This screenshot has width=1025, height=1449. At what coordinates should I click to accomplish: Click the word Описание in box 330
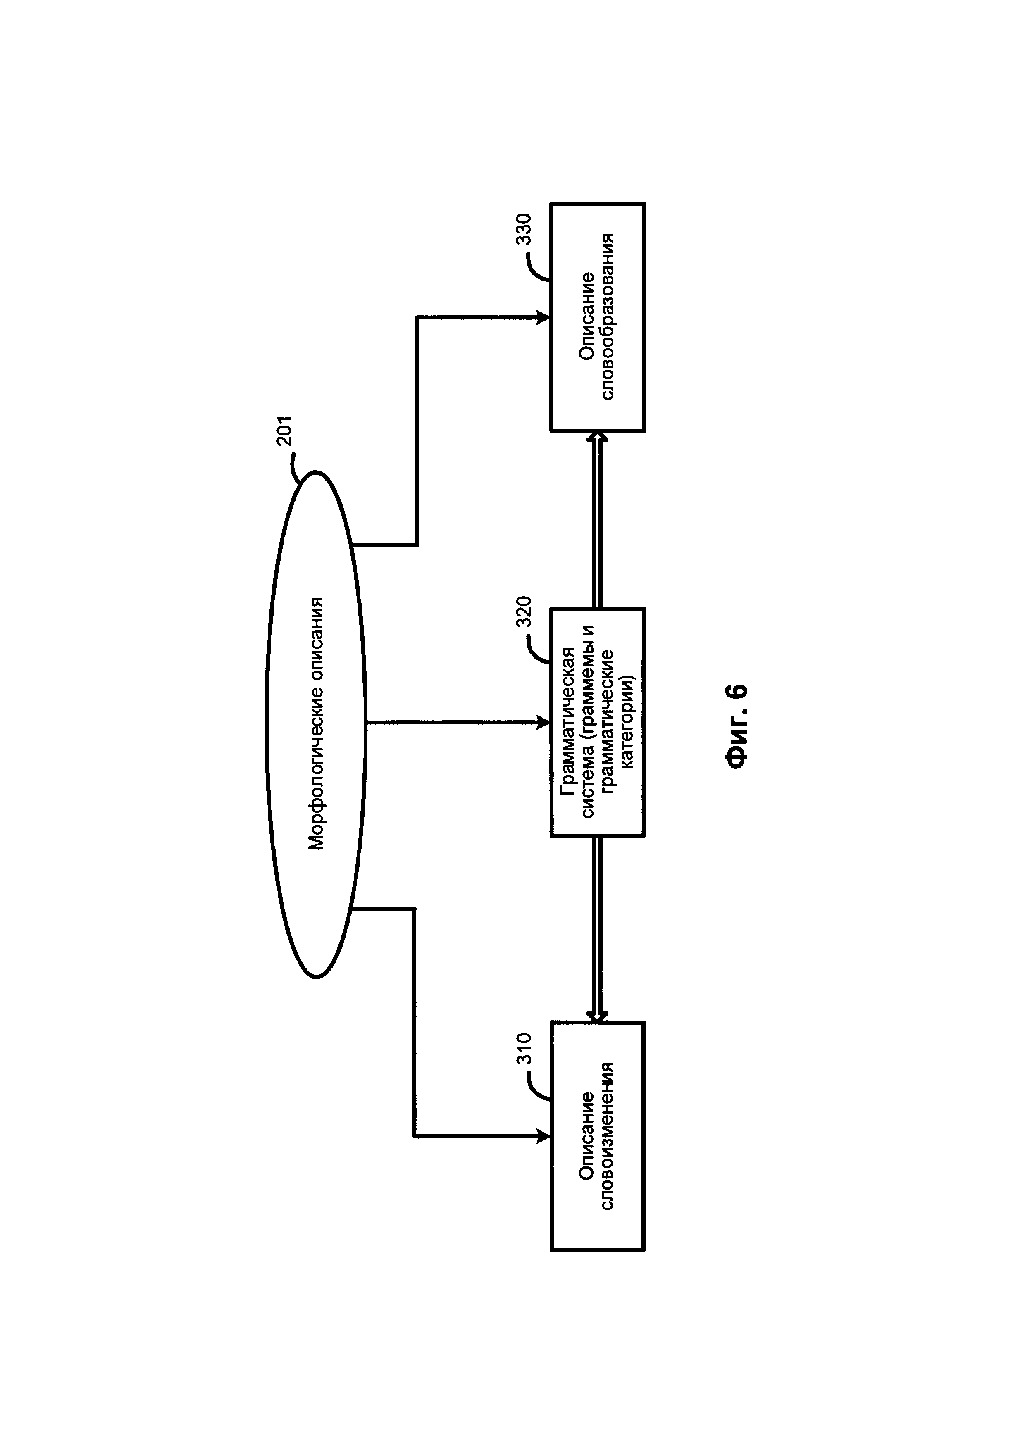587,317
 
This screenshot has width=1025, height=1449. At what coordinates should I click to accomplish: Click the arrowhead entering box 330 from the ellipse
543,317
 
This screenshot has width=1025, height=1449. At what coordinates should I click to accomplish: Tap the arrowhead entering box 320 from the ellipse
543,723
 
